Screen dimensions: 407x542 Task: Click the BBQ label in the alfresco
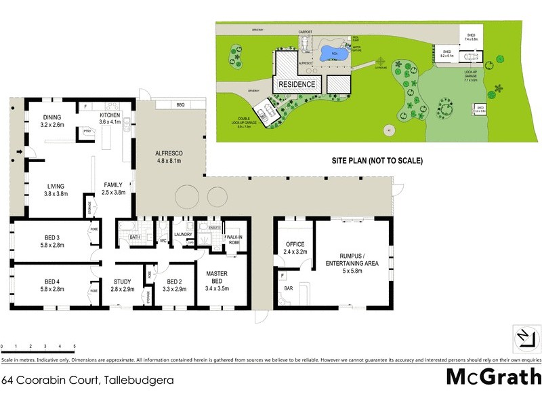tap(180, 105)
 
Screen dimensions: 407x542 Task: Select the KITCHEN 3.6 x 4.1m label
tap(110, 119)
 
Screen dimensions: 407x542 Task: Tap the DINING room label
tap(52, 121)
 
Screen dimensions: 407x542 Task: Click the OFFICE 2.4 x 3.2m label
tap(295, 248)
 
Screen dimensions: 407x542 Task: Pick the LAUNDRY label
tap(183, 235)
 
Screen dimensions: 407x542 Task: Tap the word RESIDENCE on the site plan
tap(295, 84)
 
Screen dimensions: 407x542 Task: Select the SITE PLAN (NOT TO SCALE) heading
tap(377, 161)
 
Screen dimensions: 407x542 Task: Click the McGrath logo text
tap(493, 376)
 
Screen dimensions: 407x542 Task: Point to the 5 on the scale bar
tap(75, 346)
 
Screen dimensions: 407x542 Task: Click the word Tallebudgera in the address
tap(138, 381)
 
